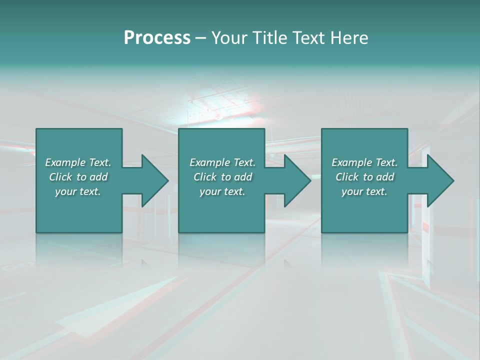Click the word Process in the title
coord(157,38)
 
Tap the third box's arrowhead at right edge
coord(440,180)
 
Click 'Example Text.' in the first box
coord(78,162)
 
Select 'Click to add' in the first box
coord(78,177)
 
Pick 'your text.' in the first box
coord(78,191)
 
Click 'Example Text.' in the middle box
coord(222,162)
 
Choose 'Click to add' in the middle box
coord(222,177)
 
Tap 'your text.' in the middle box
coord(222,191)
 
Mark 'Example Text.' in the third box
coord(364,162)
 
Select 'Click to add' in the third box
coord(364,177)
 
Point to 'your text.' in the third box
coord(364,191)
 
